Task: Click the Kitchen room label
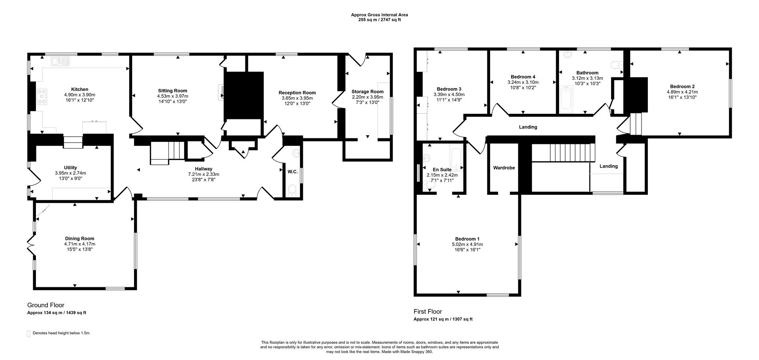click(79, 89)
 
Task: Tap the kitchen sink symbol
click(60, 61)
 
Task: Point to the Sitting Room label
click(172, 90)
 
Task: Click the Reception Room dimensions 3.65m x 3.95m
click(297, 98)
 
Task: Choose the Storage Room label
click(367, 91)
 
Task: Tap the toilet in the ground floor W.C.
click(292, 191)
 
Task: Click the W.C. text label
click(293, 172)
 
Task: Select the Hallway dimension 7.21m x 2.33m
click(203, 174)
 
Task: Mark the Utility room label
click(70, 168)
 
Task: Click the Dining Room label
click(79, 238)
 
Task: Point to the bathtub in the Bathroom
click(566, 100)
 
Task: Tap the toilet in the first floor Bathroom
click(616, 65)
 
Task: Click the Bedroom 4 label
click(523, 77)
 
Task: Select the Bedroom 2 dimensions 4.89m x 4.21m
click(682, 92)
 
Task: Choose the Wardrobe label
click(504, 168)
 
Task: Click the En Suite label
click(442, 170)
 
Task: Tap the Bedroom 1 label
click(467, 239)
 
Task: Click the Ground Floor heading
click(45, 305)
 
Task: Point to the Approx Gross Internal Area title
click(379, 15)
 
